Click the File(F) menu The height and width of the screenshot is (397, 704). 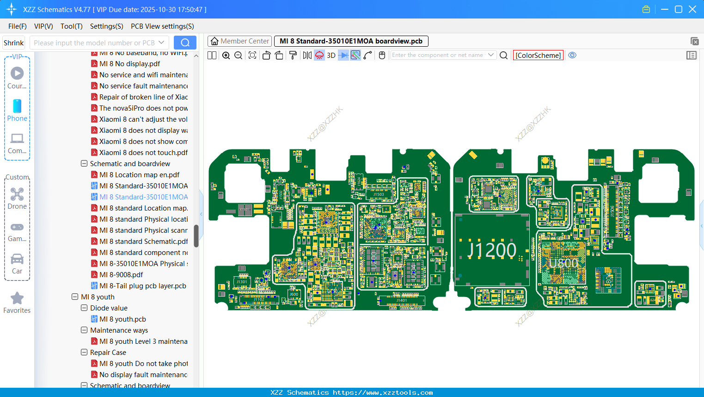click(17, 26)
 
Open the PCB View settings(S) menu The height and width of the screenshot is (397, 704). click(162, 26)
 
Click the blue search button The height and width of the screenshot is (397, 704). click(185, 43)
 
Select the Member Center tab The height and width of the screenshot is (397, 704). click(239, 41)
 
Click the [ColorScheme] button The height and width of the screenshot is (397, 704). click(538, 55)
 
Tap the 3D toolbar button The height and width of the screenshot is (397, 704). click(331, 55)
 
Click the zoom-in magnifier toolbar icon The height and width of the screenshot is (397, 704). click(226, 56)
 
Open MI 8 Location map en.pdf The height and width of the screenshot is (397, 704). click(139, 175)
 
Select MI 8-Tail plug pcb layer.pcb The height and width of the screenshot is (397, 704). click(142, 286)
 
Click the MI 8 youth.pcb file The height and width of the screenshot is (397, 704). click(122, 319)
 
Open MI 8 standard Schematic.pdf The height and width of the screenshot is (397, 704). click(143, 242)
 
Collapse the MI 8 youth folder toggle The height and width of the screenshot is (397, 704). click(75, 297)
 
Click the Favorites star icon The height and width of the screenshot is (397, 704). click(17, 298)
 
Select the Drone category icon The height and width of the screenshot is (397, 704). click(17, 194)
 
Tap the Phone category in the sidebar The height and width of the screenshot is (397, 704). click(17, 110)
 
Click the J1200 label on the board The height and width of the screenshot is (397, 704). click(491, 250)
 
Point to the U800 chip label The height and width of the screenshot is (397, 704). click(563, 263)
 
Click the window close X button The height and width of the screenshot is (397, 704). click(692, 9)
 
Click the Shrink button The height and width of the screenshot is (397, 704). click(13, 43)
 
